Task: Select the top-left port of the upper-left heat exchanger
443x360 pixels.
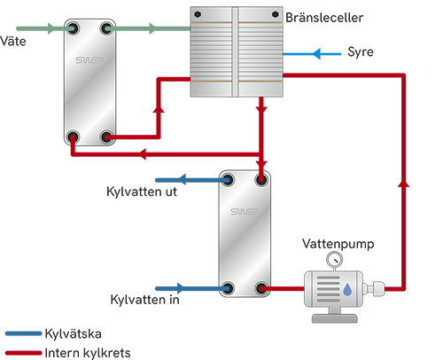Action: [x=73, y=29]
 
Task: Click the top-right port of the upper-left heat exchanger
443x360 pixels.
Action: [x=107, y=29]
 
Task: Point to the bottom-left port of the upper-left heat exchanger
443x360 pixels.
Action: [x=73, y=137]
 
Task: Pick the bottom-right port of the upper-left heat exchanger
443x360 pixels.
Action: [x=107, y=137]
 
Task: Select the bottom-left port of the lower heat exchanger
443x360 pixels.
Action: [x=228, y=288]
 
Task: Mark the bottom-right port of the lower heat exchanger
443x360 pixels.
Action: [x=262, y=288]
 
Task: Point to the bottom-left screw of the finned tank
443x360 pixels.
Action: [x=199, y=89]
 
